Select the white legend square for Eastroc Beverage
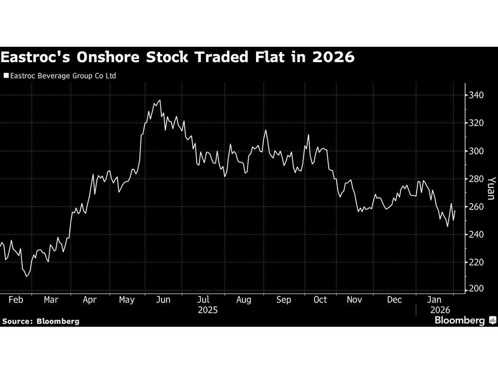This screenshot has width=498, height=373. pyautogui.click(x=5, y=76)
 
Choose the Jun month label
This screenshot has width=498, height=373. pyautogui.click(x=163, y=299)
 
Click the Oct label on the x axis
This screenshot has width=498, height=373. pyautogui.click(x=320, y=299)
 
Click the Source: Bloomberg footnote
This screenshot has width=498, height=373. pyautogui.click(x=41, y=321)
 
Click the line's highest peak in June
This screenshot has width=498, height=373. pyautogui.click(x=159, y=100)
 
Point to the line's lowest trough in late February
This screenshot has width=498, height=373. pyautogui.click(x=26, y=276)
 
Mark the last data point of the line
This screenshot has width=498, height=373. pyautogui.click(x=455, y=211)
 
